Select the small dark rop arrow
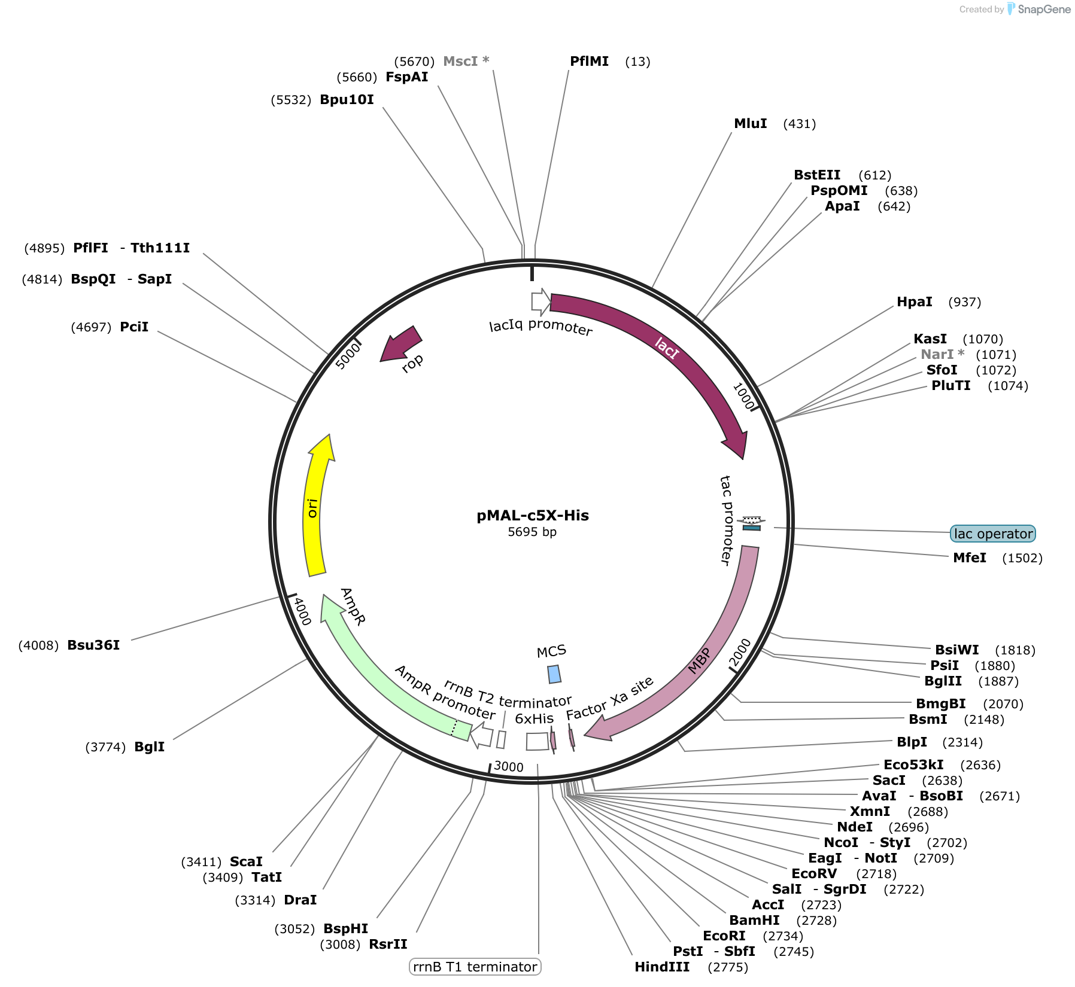400,344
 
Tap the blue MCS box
555,674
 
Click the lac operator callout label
993,534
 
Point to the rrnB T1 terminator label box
475,967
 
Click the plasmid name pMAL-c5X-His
533,516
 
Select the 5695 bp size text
532,532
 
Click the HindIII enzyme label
662,967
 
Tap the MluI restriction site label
751,123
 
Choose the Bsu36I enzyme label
93,645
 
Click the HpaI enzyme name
915,301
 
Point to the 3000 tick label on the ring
509,767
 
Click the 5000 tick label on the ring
348,355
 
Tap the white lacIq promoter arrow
541,302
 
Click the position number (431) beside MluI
800,124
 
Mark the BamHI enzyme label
754,920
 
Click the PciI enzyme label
134,327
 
